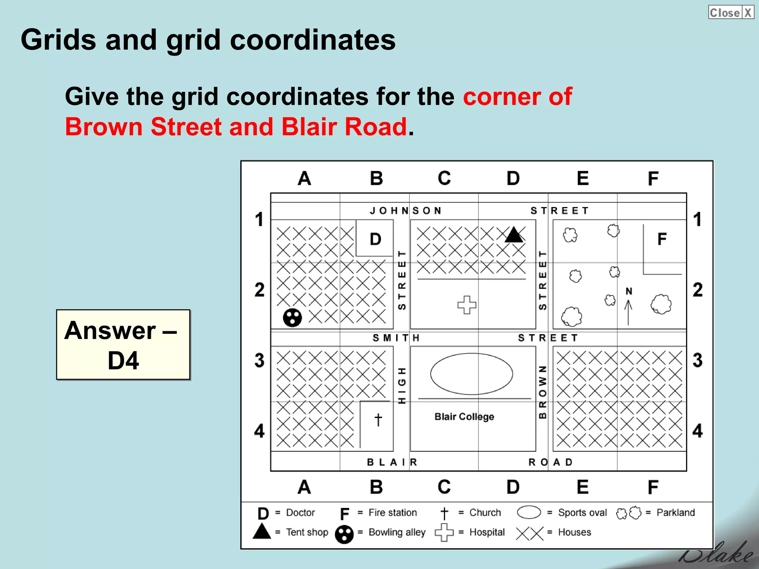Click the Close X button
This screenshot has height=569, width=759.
click(730, 12)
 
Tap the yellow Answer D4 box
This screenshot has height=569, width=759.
click(123, 345)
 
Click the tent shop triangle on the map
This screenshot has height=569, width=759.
click(514, 235)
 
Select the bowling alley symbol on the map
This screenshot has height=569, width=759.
click(292, 317)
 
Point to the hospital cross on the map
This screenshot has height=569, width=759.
click(467, 305)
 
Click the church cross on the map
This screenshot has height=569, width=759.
click(378, 420)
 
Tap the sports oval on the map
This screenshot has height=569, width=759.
click(471, 374)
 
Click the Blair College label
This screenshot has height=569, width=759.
click(464, 417)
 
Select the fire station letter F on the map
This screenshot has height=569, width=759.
click(662, 239)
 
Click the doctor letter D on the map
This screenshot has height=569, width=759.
click(375, 239)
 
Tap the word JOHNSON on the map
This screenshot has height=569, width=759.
click(406, 211)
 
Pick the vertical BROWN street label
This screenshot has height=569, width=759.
click(543, 392)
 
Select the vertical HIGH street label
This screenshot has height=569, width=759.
click(402, 385)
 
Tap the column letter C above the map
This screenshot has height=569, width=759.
click(444, 178)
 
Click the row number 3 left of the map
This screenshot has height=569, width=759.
click(259, 360)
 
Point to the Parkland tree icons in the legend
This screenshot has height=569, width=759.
click(629, 513)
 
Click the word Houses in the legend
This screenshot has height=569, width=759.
click(574, 532)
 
